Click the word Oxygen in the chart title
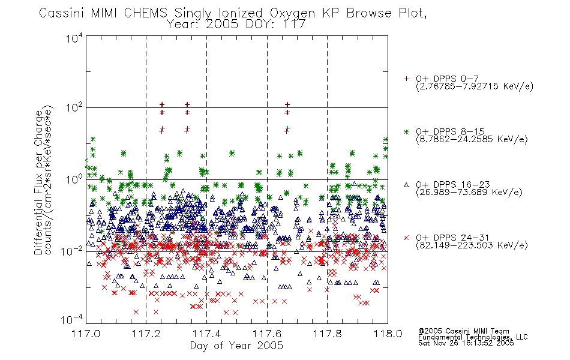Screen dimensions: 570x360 click(x=292, y=14)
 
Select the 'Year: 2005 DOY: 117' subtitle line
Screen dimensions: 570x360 click(x=236, y=25)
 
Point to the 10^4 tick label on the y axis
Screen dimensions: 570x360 click(x=74, y=38)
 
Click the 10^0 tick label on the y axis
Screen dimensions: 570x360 click(x=74, y=179)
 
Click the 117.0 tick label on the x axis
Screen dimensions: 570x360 click(x=86, y=334)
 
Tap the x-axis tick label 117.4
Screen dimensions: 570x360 click(x=206, y=334)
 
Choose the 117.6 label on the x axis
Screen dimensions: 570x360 click(x=267, y=334)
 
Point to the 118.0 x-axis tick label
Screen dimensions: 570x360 click(x=388, y=334)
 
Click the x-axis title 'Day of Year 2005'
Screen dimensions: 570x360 click(x=236, y=346)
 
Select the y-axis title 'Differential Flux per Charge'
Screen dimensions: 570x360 click(x=38, y=182)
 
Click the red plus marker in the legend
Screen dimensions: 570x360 click(x=406, y=79)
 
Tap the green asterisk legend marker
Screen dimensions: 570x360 click(x=406, y=131)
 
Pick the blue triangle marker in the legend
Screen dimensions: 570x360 click(x=406, y=185)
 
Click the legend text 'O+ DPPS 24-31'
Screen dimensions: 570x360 click(x=452, y=238)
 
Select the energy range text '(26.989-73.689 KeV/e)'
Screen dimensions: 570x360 click(x=469, y=193)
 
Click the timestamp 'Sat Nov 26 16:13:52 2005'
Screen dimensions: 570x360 click(x=466, y=343)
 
